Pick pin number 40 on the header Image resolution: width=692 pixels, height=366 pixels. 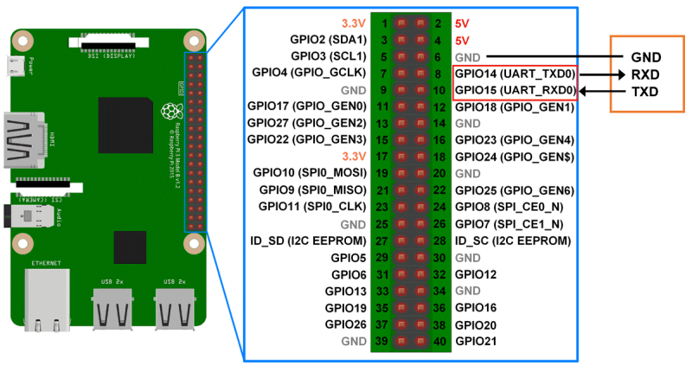coord(439,342)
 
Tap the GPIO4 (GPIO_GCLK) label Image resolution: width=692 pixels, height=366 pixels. coord(309,73)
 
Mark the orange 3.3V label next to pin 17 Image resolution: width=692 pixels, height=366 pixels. coord(355,157)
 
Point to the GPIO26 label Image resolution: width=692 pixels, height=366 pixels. coord(347,324)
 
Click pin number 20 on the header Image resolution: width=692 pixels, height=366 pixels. coord(439,173)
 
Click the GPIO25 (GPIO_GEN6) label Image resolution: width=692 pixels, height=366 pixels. coord(515,190)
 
